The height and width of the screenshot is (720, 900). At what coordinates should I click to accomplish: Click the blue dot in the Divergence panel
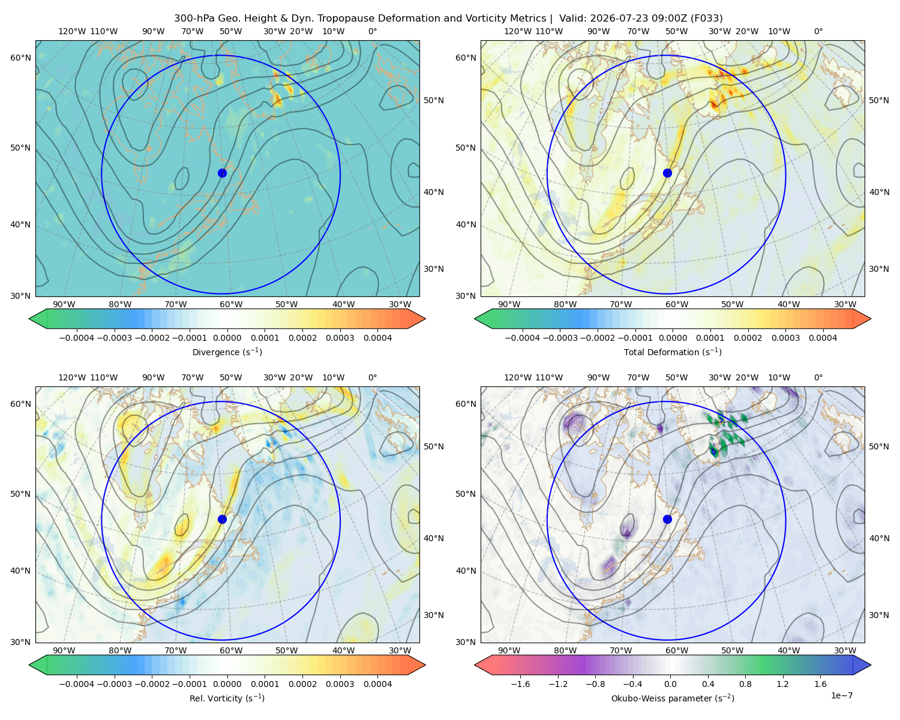click(222, 173)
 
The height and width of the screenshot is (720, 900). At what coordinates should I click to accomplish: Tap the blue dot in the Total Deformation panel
click(667, 173)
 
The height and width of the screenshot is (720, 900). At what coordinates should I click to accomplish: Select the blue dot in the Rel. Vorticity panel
click(222, 519)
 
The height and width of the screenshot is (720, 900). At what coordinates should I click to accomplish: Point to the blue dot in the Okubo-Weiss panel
click(667, 519)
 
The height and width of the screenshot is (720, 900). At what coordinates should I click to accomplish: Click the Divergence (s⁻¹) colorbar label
click(227, 352)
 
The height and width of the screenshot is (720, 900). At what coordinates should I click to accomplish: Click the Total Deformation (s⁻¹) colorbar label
click(673, 352)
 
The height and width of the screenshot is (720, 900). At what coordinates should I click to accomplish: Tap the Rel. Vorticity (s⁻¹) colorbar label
click(227, 698)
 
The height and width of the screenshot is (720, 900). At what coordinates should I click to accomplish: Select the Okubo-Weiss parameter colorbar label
click(673, 698)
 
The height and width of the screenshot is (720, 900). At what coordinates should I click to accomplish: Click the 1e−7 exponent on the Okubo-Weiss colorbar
click(841, 695)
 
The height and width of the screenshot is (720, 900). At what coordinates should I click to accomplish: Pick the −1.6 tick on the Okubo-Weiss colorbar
click(520, 683)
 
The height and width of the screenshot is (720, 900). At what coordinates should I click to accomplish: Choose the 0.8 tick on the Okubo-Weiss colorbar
click(745, 683)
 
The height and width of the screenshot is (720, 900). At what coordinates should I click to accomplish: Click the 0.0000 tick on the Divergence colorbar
click(227, 338)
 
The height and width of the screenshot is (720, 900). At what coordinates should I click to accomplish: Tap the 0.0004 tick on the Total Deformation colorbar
click(823, 338)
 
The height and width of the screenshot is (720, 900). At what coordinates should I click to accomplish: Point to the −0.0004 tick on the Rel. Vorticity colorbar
click(77, 683)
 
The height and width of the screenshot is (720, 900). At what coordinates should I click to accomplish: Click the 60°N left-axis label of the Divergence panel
click(20, 58)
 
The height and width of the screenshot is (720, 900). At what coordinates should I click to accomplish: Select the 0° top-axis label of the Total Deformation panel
click(818, 31)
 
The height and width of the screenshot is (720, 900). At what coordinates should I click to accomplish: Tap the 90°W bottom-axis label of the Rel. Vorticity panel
click(64, 650)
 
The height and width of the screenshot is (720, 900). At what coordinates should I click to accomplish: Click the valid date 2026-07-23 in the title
click(623, 18)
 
